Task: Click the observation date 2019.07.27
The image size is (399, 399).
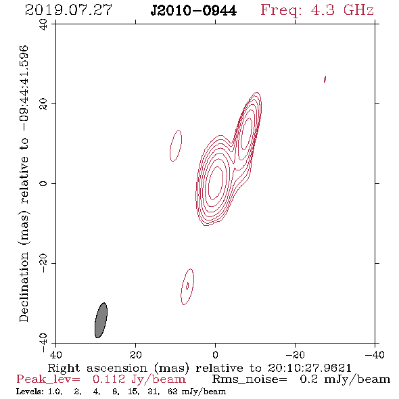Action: point(68,10)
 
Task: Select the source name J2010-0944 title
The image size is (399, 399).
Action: point(193,11)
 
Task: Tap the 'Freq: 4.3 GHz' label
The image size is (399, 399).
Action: point(317,10)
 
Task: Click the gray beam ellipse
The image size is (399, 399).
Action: point(101,321)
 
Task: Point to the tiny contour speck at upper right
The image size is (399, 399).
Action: point(325,79)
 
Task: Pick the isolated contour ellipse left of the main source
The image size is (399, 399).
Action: point(176,146)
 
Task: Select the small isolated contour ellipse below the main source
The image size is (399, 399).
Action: point(187,287)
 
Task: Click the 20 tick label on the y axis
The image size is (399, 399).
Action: point(43,104)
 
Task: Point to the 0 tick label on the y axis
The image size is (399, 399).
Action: point(43,183)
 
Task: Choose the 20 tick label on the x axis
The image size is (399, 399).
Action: point(135,355)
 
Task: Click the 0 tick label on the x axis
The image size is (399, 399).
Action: point(216,355)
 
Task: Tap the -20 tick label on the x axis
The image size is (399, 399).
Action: point(295,355)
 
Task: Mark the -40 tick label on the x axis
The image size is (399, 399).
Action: point(375,355)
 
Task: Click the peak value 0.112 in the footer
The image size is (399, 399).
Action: point(109,379)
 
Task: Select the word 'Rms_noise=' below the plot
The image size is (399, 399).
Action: point(250,379)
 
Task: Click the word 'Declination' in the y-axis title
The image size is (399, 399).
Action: point(24,287)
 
